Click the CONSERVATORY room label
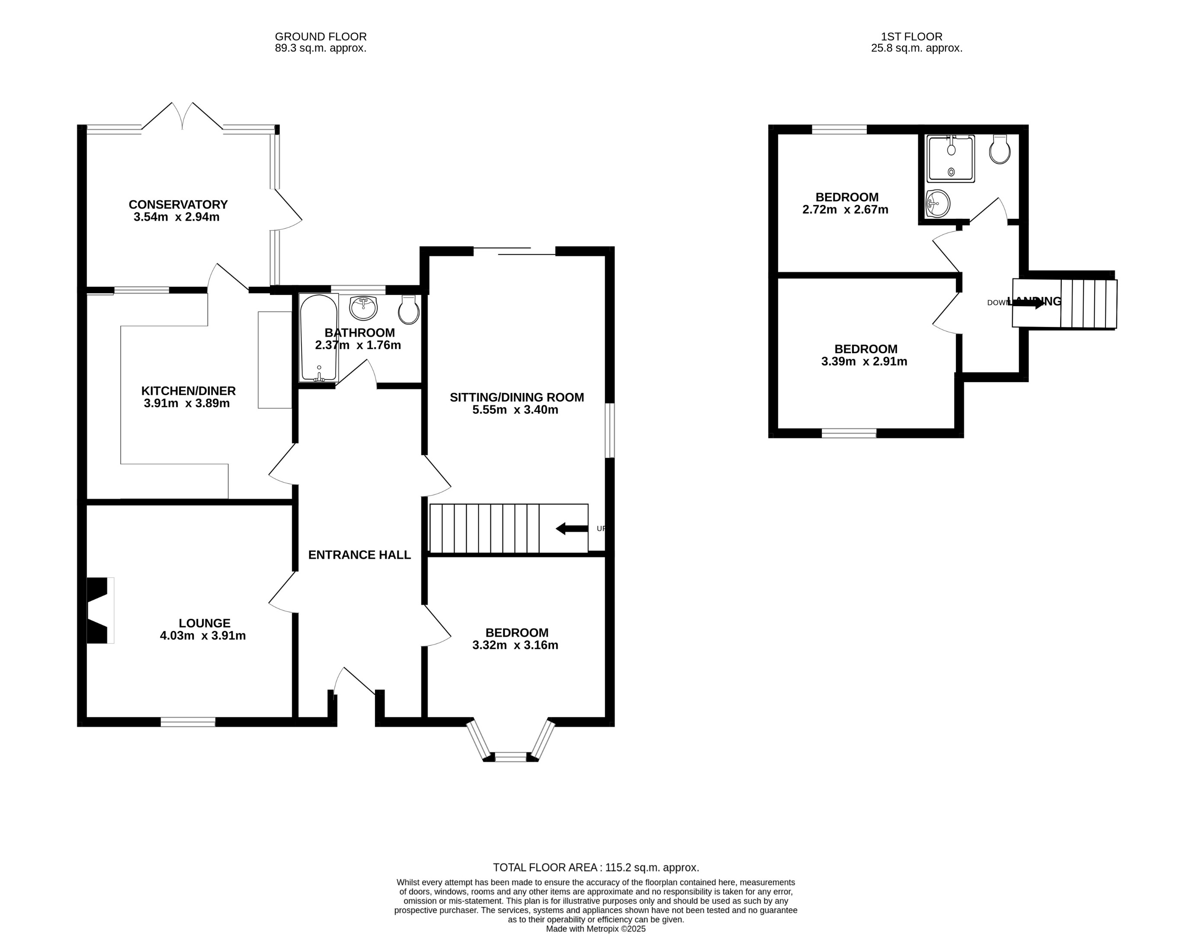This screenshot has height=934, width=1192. click(178, 205)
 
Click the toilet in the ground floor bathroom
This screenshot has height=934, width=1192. click(409, 310)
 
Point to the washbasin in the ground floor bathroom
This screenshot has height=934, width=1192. click(363, 307)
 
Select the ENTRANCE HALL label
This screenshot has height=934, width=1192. click(359, 555)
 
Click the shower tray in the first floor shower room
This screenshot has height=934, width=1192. click(951, 159)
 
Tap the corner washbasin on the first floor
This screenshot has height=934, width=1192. click(937, 204)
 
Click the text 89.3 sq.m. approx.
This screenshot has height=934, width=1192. click(320, 48)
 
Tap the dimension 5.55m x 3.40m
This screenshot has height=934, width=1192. click(515, 409)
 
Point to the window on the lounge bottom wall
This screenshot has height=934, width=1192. click(188, 722)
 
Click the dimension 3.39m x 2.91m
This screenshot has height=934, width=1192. click(864, 361)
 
